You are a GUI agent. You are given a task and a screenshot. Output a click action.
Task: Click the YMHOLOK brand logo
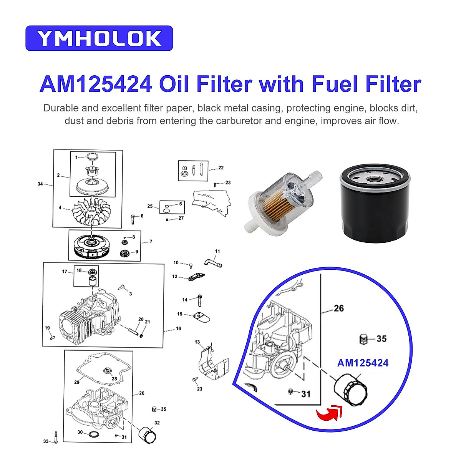coord(99,38)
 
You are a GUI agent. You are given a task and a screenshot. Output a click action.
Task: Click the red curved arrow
coord(330,413)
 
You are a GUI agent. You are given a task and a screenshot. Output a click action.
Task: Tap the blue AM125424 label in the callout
coord(363,363)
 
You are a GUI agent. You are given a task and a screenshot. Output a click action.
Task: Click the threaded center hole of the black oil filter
coord(375,179)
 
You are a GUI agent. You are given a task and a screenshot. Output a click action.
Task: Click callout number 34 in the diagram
coord(40,184)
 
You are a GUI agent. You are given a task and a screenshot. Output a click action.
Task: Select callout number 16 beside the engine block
coord(179,328)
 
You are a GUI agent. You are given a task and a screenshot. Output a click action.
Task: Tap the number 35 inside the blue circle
coord(381,338)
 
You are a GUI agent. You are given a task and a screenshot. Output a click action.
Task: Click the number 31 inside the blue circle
coord(306,394)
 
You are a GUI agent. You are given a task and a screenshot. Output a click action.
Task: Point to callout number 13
coord(197,342)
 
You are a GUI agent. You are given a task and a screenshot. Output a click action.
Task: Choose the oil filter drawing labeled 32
coord(147,434)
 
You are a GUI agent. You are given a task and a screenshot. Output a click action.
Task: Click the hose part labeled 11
coord(213,263)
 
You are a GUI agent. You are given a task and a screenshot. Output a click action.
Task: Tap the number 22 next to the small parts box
coord(221,168)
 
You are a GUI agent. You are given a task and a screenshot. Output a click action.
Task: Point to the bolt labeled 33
coord(56,438)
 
